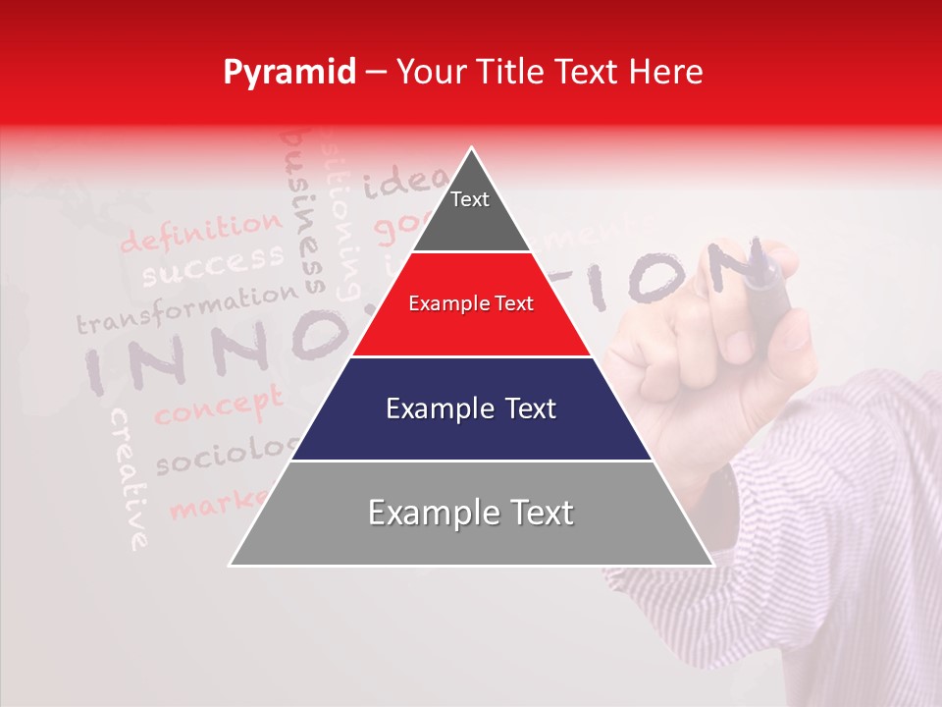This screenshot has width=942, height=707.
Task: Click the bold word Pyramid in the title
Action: click(289, 73)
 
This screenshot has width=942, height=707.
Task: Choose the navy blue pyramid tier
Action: click(471, 408)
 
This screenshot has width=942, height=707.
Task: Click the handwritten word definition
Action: click(200, 233)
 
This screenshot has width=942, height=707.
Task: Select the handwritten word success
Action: click(212, 263)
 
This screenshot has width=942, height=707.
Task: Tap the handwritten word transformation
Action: click(186, 307)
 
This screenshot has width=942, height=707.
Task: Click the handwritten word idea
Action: click(396, 182)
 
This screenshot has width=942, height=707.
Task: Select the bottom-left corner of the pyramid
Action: click(231, 565)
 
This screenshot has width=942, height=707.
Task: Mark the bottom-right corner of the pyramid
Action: click(712, 565)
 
